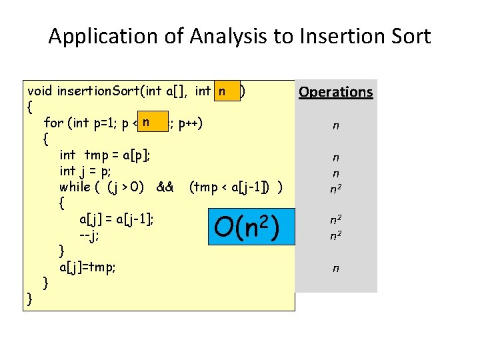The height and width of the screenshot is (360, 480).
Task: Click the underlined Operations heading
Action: [x=335, y=92]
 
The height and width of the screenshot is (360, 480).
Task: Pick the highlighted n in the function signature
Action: [x=226, y=90]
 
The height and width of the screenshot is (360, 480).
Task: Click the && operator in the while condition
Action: [x=165, y=187]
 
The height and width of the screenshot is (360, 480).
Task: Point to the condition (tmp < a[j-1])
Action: [x=233, y=187]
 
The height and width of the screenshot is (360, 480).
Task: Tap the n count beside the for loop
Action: [x=335, y=125]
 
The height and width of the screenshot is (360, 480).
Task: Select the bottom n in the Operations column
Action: [x=335, y=268]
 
